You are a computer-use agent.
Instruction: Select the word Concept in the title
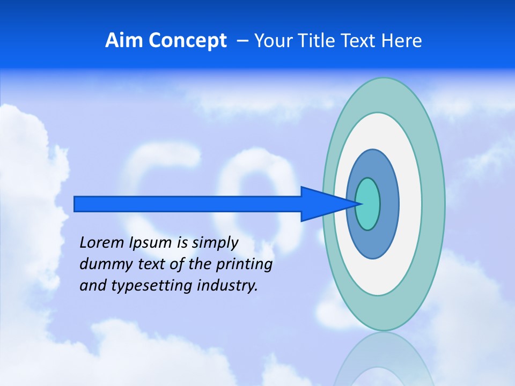187,41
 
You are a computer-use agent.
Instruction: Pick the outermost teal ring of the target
432,204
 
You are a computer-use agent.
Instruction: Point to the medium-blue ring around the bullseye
388,204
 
